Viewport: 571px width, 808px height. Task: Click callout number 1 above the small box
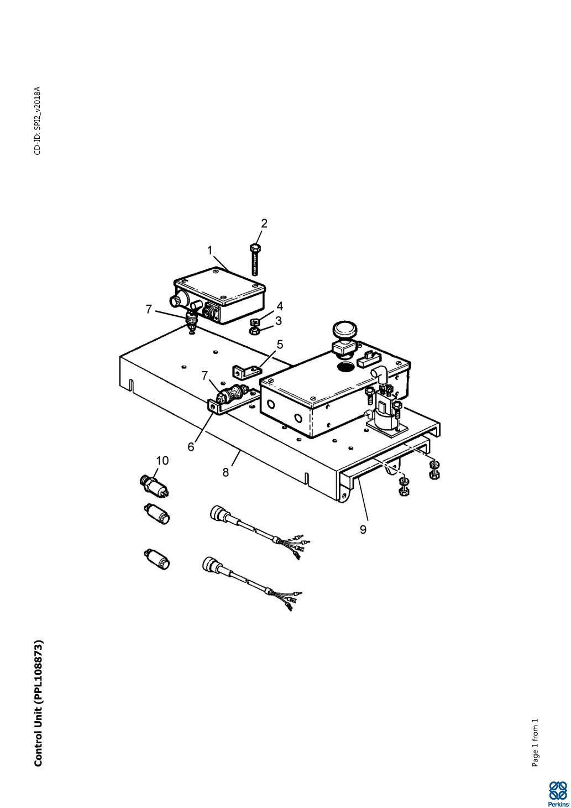(210, 250)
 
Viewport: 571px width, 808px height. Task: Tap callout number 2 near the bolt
(264, 223)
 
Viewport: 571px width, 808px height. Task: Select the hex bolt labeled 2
(255, 259)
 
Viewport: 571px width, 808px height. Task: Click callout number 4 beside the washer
(280, 306)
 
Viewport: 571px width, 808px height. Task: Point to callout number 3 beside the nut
(279, 320)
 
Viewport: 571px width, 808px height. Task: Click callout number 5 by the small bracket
(280, 345)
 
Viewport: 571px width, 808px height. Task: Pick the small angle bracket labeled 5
(247, 372)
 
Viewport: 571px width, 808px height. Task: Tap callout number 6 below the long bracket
(191, 446)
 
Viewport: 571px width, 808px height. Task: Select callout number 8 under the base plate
(226, 472)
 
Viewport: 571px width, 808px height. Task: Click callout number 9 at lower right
(363, 529)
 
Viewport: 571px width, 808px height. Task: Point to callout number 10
(162, 461)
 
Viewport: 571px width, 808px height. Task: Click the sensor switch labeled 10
(155, 486)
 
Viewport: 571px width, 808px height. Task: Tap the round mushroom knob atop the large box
(345, 330)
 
